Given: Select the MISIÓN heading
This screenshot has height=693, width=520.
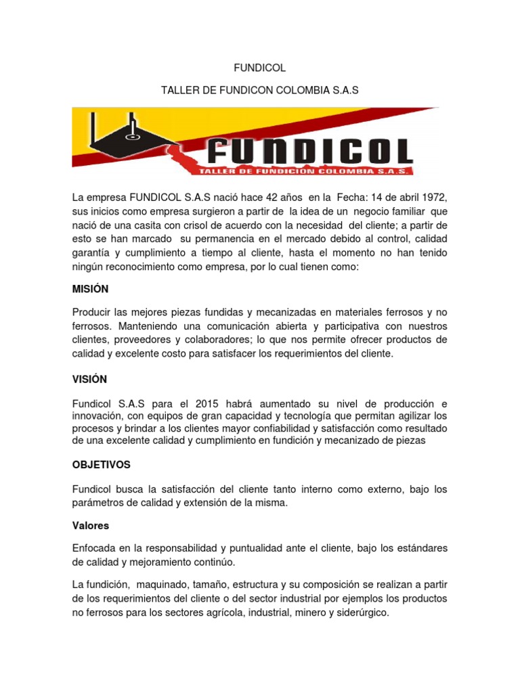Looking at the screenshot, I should tap(90, 289).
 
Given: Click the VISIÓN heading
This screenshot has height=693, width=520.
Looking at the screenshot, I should tap(89, 380).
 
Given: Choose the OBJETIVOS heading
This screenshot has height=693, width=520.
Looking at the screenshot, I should tap(101, 465).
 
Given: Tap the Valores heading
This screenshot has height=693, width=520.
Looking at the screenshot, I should tap(91, 524).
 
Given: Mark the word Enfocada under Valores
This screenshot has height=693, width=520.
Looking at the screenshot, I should tap(96, 547).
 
